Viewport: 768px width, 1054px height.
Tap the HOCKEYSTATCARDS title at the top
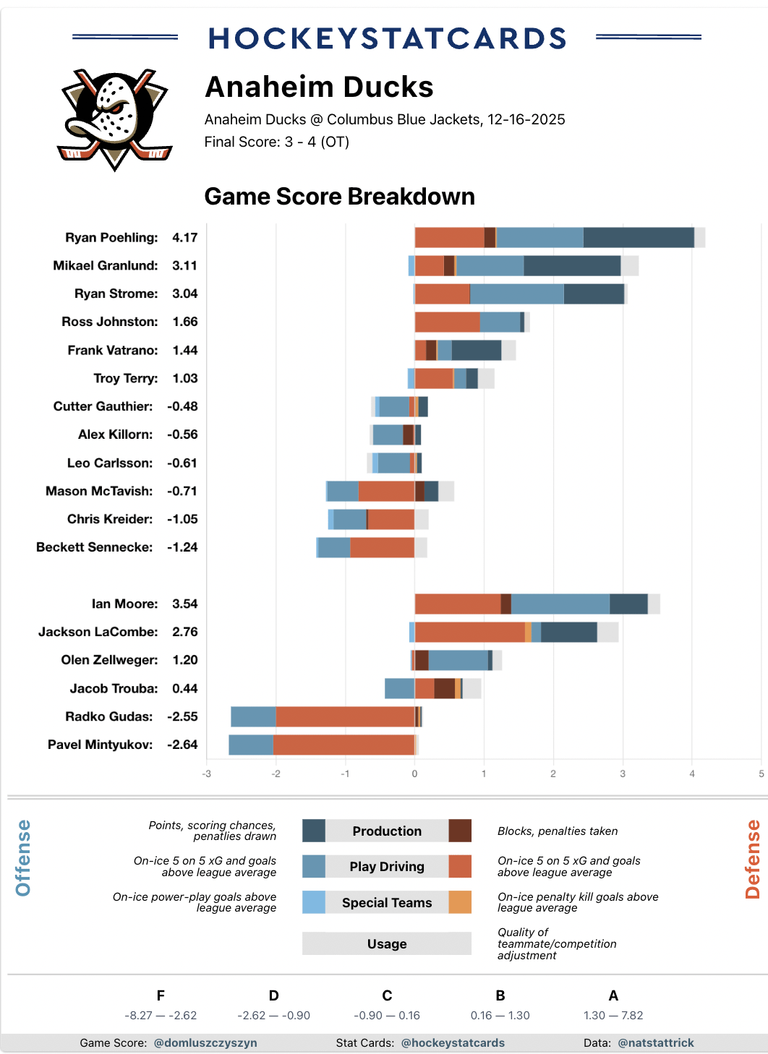pos(387,38)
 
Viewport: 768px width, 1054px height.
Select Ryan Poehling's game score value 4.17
pos(184,238)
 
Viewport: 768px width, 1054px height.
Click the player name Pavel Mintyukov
pos(100,745)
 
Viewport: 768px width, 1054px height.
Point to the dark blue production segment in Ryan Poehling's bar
pos(639,238)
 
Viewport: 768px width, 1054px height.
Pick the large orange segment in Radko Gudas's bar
pos(345,716)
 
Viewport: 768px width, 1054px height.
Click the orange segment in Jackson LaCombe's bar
pos(470,632)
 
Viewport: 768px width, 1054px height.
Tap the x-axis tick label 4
pos(692,774)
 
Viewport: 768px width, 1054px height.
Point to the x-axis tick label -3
pos(207,774)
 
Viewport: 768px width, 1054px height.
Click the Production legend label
pos(387,831)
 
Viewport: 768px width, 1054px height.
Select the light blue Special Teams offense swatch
pos(314,902)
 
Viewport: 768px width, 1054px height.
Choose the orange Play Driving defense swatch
pos(460,866)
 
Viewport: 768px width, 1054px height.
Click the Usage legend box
pos(387,943)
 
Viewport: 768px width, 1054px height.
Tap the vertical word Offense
pos(23,857)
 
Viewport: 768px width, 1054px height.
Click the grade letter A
pos(613,995)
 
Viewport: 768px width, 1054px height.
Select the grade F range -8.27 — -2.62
pos(161,1015)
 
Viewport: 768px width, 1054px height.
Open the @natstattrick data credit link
pos(656,1042)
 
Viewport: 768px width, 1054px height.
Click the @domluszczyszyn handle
pos(205,1042)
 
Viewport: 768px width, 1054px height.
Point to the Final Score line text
pos(276,142)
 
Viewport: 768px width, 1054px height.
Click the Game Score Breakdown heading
pos(339,197)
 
